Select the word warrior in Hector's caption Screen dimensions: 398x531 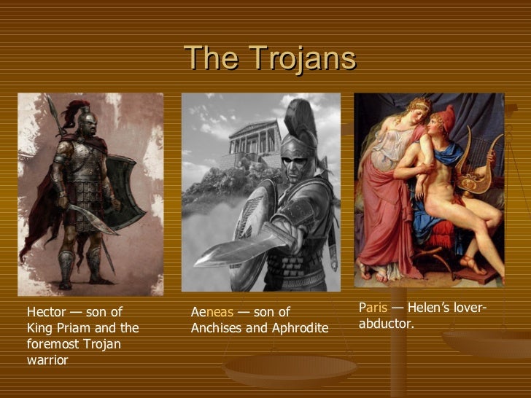tap(47, 359)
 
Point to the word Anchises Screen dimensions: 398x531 tap(217, 328)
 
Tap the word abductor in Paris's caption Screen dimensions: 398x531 tap(386, 323)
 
